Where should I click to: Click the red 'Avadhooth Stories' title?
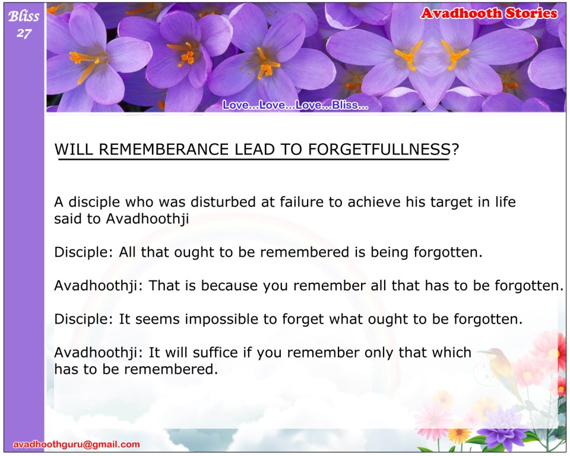(x=489, y=14)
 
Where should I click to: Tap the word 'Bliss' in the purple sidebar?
(x=24, y=16)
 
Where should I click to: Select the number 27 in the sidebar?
(x=24, y=33)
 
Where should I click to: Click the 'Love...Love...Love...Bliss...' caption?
(x=295, y=105)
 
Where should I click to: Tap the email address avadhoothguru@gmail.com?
(x=77, y=444)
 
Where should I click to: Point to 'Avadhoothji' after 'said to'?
(x=147, y=219)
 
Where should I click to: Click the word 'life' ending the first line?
(x=505, y=202)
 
